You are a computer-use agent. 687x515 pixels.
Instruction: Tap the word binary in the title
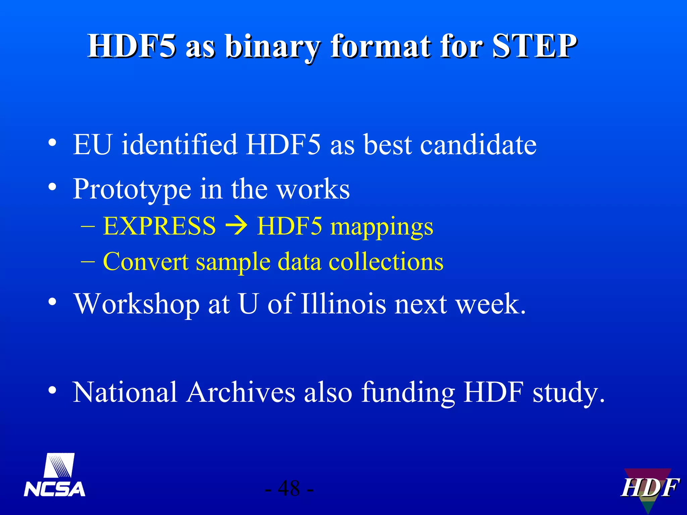(x=272, y=47)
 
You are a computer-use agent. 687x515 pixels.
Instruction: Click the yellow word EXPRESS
(x=159, y=226)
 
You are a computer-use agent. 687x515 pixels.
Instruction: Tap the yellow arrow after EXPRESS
(x=236, y=226)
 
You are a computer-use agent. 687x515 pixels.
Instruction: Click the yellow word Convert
(x=145, y=262)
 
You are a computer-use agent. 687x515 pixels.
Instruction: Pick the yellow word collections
(x=386, y=262)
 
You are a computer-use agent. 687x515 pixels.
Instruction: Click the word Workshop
(x=137, y=304)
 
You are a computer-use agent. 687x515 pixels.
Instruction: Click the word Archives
(x=241, y=392)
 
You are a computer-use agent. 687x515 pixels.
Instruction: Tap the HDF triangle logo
(x=649, y=488)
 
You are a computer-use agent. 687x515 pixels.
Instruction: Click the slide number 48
(x=289, y=489)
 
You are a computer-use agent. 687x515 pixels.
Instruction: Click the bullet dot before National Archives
(x=52, y=390)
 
